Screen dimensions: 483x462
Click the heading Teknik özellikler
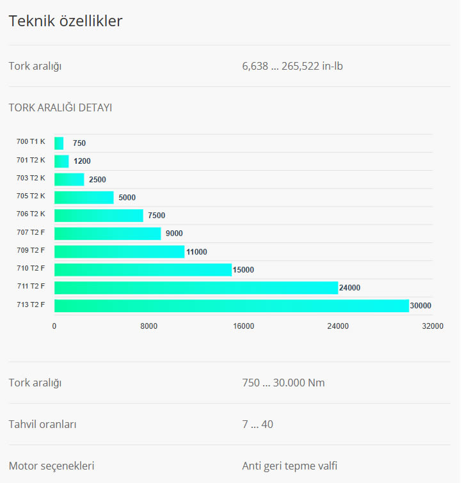[65, 21]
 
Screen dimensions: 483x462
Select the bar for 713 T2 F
[231, 306]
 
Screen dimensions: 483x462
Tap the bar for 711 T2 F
[196, 288]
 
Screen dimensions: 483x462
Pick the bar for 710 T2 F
[143, 270]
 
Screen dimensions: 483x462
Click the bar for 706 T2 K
[99, 216]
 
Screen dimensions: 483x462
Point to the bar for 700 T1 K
[59, 143]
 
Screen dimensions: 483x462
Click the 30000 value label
[420, 306]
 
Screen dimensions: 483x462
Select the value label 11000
[196, 252]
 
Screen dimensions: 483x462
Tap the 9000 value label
[174, 234]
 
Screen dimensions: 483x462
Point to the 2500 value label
[97, 180]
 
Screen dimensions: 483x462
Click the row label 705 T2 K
[31, 196]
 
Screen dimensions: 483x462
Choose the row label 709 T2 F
[31, 250]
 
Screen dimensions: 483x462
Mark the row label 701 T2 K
[31, 160]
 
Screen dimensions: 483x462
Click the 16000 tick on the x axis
[243, 326]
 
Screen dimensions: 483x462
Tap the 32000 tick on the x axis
[433, 326]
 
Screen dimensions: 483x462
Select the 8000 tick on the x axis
[149, 326]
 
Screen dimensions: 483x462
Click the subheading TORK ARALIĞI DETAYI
[60, 107]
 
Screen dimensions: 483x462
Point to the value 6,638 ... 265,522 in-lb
[292, 66]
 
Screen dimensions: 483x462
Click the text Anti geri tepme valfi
[289, 466]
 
